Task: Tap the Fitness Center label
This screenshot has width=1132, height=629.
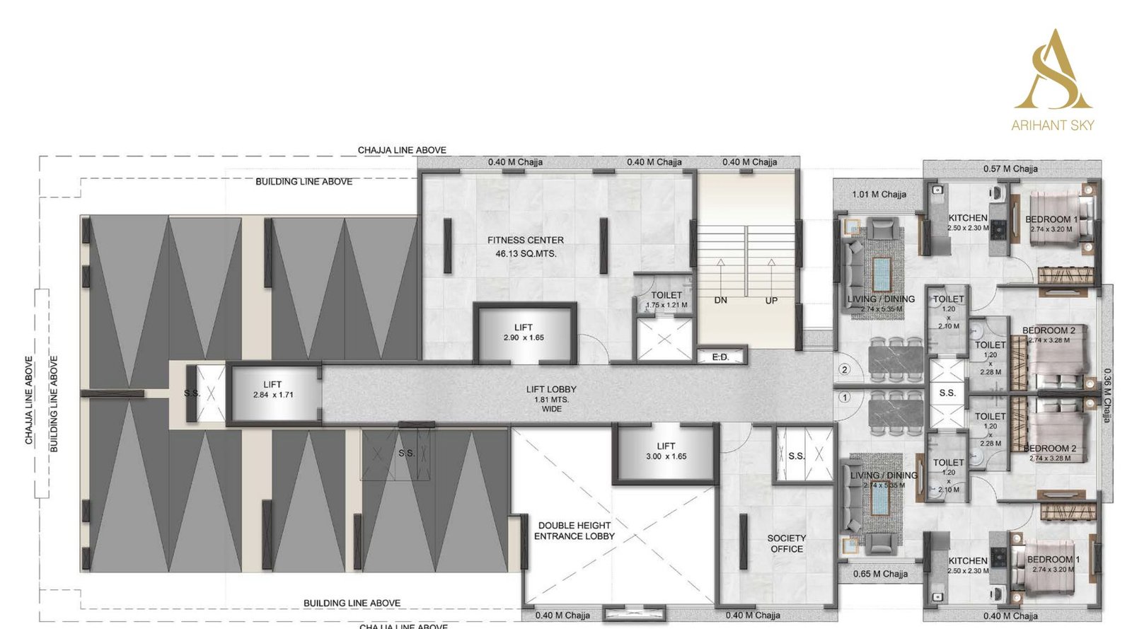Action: (525, 246)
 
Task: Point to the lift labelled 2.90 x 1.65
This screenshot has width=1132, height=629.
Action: (524, 333)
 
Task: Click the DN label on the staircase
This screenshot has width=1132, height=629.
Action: (720, 300)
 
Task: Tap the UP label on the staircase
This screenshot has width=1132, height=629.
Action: (771, 300)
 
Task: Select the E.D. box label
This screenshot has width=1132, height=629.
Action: (720, 357)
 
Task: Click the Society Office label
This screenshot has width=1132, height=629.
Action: (786, 543)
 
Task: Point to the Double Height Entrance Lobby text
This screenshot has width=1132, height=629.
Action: (574, 531)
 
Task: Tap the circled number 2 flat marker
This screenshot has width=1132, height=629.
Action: (844, 369)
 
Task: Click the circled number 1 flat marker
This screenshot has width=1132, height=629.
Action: (844, 398)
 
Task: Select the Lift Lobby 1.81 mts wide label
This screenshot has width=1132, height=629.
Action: (551, 398)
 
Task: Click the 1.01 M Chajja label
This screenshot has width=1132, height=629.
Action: (879, 194)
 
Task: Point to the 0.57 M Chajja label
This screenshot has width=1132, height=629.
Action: (1010, 168)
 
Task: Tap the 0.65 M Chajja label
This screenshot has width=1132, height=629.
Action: (880, 574)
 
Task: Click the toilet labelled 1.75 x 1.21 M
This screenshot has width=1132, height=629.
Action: (666, 299)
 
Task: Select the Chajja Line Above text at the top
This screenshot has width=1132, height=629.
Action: (401, 150)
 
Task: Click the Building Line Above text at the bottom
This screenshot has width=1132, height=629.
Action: (352, 603)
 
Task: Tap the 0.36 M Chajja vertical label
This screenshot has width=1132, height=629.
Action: (1107, 396)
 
